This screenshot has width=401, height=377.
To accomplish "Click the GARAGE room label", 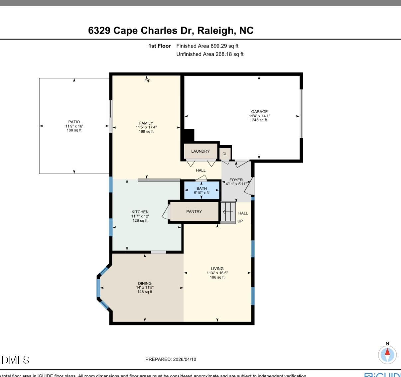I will pyautogui.click(x=259, y=112).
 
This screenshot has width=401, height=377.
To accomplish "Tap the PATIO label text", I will pyautogui.click(x=74, y=122).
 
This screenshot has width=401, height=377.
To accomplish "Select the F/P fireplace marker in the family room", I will pyautogui.click(x=147, y=81).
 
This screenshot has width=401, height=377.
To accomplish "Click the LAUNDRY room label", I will pyautogui.click(x=200, y=151).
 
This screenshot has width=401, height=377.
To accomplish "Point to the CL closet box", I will pyautogui.click(x=225, y=154).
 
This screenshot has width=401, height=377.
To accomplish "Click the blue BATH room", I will pyautogui.click(x=202, y=190).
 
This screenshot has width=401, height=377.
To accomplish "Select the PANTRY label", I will pyautogui.click(x=194, y=211).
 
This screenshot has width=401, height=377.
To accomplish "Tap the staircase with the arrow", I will pyautogui.click(x=228, y=212).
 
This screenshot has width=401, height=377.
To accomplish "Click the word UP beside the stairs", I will pyautogui.click(x=240, y=221).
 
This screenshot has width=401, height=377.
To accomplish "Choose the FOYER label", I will pyautogui.click(x=236, y=180).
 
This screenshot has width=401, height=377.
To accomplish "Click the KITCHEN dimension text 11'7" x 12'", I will pyautogui.click(x=140, y=216).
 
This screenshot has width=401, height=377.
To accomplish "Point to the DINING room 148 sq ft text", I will pyautogui.click(x=145, y=292).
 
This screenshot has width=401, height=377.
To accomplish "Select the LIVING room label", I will pyautogui.click(x=217, y=269).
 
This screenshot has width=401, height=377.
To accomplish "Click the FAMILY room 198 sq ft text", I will pyautogui.click(x=146, y=132).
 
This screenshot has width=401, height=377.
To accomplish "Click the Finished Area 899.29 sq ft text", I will pyautogui.click(x=207, y=46).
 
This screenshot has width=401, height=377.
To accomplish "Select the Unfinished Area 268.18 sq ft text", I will pyautogui.click(x=210, y=54).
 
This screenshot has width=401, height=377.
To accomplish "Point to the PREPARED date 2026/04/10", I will pyautogui.click(x=184, y=359).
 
